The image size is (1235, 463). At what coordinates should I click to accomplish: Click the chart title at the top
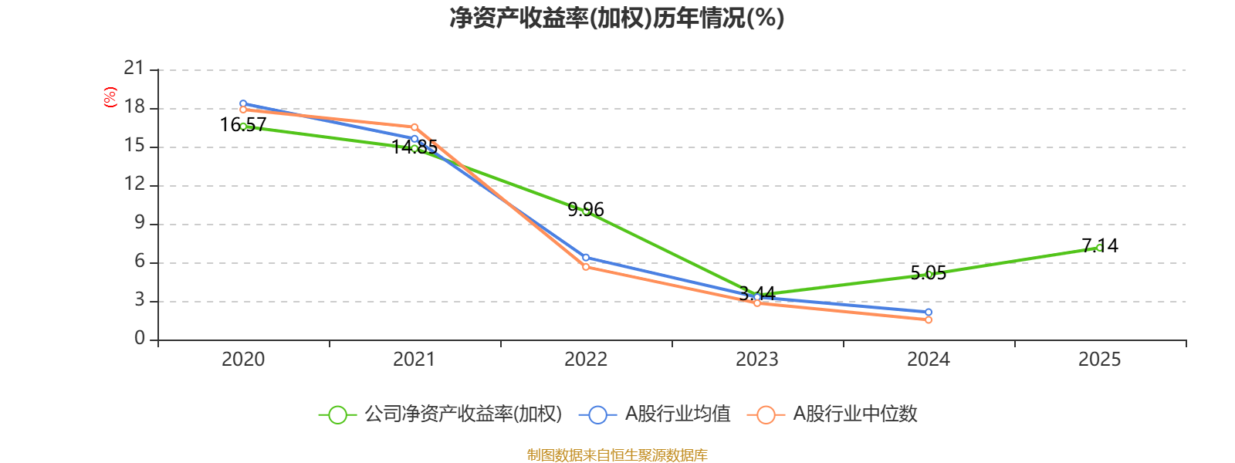[617, 18]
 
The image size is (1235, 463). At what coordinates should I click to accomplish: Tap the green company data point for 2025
[1099, 248]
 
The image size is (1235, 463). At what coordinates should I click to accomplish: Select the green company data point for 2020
[243, 126]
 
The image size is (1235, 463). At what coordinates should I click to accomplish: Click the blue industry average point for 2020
[243, 103]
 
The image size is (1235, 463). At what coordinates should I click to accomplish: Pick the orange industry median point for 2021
[414, 127]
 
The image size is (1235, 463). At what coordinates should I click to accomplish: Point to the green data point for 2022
[586, 211]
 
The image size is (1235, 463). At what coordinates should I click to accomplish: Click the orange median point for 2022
[586, 267]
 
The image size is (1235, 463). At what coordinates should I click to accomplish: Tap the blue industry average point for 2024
[929, 313]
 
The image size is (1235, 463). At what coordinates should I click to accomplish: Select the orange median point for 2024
[929, 319]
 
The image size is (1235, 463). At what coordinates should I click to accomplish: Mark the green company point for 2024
[929, 275]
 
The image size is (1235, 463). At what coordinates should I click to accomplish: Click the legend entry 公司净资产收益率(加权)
[440, 414]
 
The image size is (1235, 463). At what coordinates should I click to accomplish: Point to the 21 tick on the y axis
[134, 69]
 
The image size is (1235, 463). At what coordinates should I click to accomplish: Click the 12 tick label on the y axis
[134, 184]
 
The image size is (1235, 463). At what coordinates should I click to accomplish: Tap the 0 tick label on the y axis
[140, 339]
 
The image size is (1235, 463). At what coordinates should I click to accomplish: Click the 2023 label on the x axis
[757, 360]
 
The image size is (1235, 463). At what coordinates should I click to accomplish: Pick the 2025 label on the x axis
[1099, 360]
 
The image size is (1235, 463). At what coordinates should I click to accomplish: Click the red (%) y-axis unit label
[110, 97]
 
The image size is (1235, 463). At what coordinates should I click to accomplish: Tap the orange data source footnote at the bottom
[617, 455]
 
